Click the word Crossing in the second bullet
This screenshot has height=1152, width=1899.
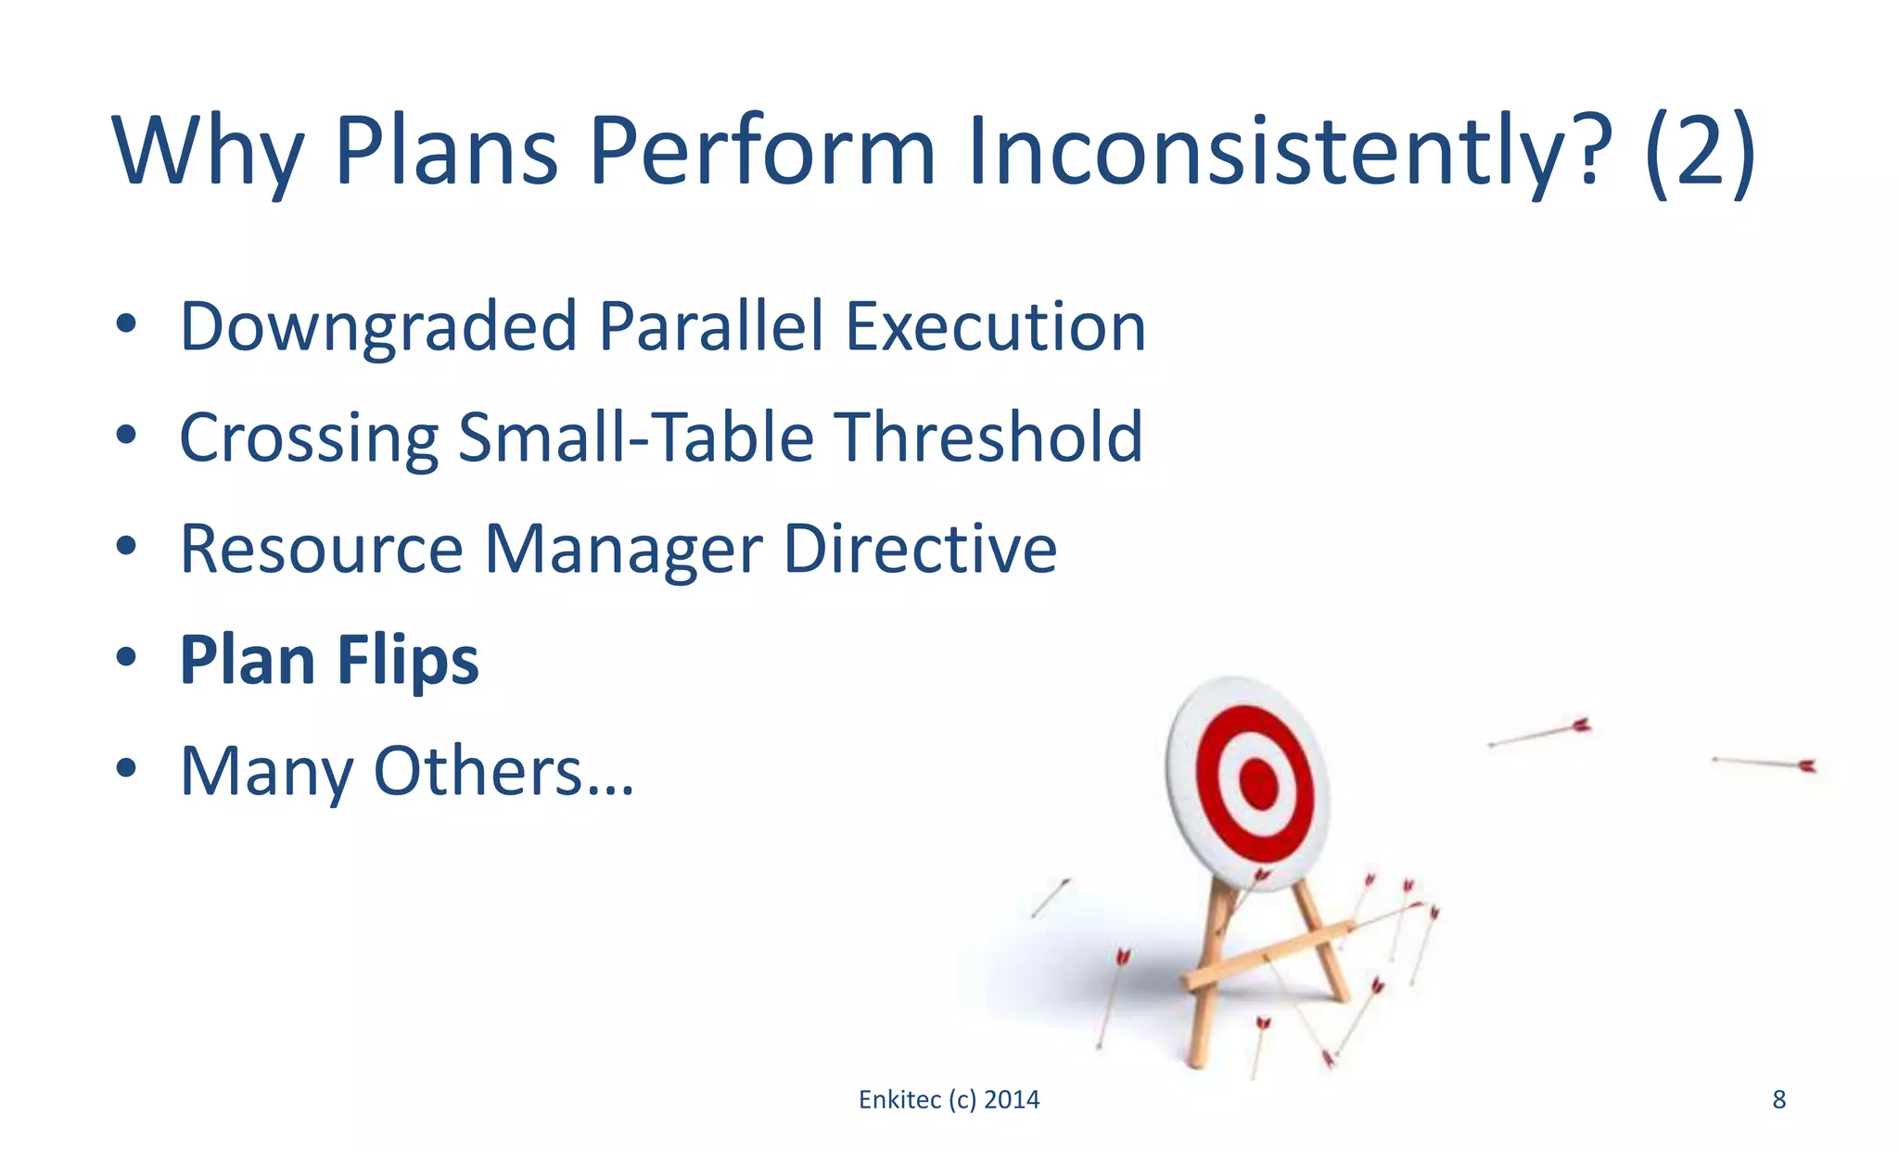pyautogui.click(x=309, y=438)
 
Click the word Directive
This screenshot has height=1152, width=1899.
pyautogui.click(x=920, y=550)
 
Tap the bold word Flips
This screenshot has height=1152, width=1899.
pyautogui.click(x=407, y=661)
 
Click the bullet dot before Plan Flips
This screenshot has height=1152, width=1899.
pyautogui.click(x=126, y=657)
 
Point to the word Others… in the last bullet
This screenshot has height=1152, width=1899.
pyautogui.click(x=503, y=772)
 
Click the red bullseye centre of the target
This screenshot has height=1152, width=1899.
pyautogui.click(x=1258, y=784)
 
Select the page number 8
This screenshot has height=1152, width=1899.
pyautogui.click(x=1778, y=1100)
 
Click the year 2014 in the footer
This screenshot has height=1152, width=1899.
pyautogui.click(x=1012, y=1100)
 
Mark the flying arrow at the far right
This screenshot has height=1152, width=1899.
pyautogui.click(x=1765, y=763)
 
